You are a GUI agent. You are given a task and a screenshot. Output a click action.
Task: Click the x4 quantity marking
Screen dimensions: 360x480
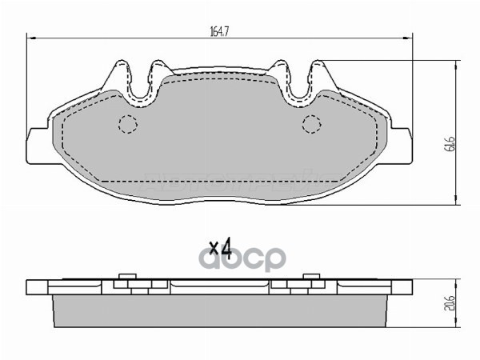(x=219, y=250)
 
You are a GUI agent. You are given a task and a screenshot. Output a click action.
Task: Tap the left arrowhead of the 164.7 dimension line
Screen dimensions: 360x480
(x=30, y=38)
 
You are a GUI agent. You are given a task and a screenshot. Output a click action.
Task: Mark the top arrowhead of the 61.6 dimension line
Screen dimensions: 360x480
(x=456, y=63)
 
